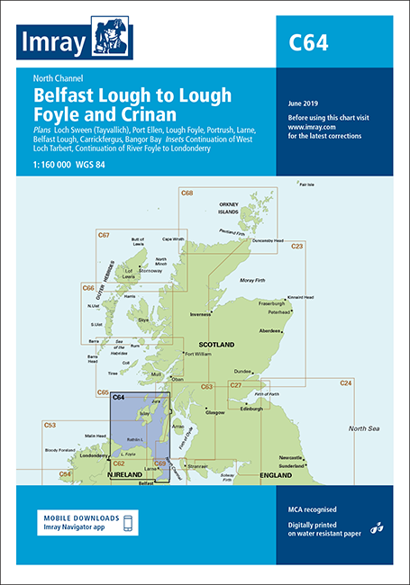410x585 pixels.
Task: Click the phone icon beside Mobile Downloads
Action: pos(127,523)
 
